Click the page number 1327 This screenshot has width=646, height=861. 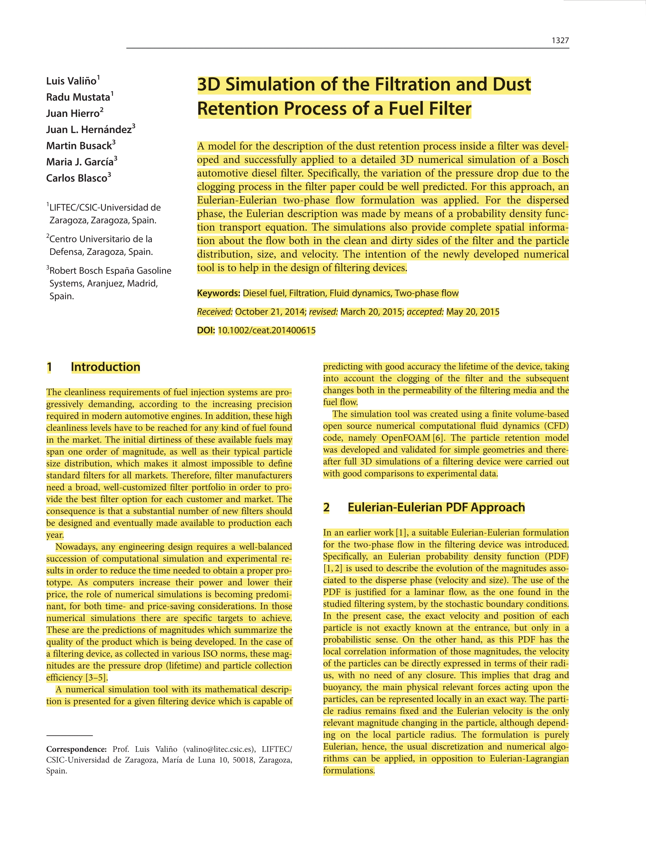tap(560, 40)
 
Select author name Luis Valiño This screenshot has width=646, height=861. tap(71, 81)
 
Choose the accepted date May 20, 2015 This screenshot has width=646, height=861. tap(472, 312)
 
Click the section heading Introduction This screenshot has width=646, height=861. tap(105, 367)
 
